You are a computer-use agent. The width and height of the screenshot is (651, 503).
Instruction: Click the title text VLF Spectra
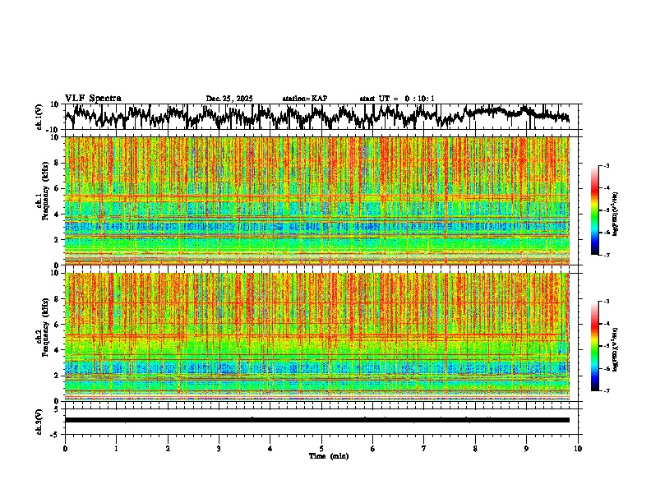pyautogui.click(x=93, y=98)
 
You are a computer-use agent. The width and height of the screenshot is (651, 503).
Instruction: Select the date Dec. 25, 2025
pyautogui.click(x=229, y=99)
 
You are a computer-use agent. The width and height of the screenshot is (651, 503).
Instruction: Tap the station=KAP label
pyautogui.click(x=304, y=99)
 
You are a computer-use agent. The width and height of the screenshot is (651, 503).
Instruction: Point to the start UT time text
pyautogui.click(x=397, y=99)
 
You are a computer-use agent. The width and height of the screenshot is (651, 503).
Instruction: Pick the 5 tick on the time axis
pyautogui.click(x=321, y=448)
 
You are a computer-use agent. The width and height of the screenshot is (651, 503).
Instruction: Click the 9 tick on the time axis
pyautogui.click(x=527, y=448)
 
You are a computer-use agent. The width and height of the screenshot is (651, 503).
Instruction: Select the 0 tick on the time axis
pyautogui.click(x=65, y=448)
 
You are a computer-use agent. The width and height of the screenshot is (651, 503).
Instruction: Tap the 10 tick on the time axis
pyautogui.click(x=578, y=448)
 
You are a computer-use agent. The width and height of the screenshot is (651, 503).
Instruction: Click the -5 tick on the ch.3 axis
pyautogui.click(x=56, y=433)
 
